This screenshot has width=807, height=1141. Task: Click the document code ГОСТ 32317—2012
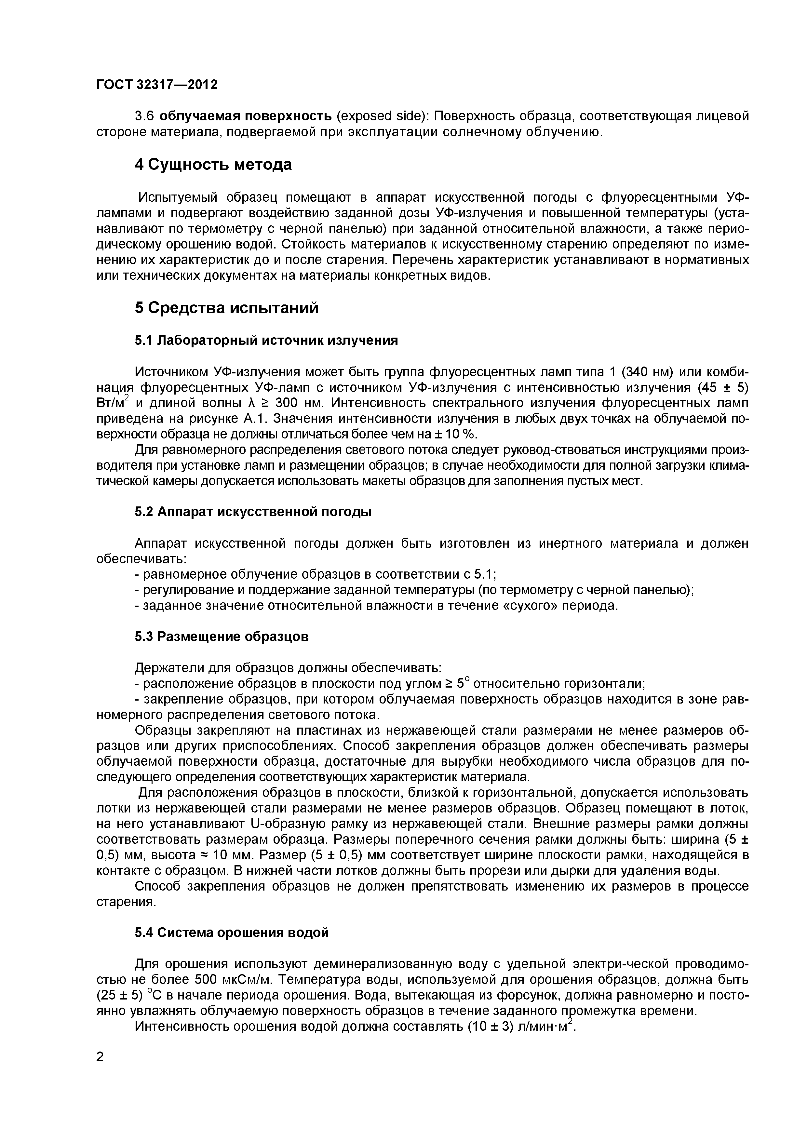pos(156,85)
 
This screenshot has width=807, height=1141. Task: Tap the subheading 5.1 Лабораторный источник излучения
pos(266,341)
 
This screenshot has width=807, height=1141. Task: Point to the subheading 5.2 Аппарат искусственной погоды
pos(253,512)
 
